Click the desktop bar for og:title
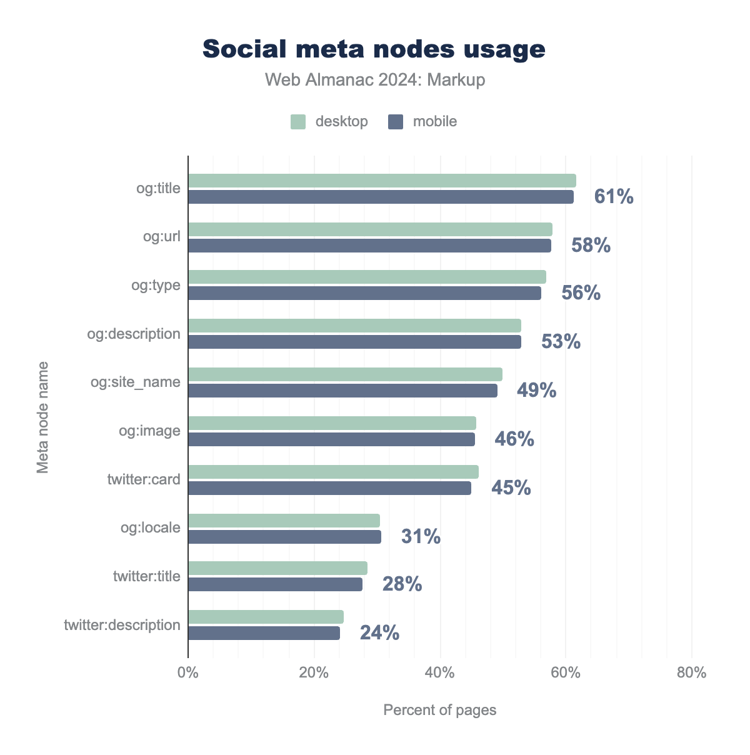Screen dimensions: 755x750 click(382, 181)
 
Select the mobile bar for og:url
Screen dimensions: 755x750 click(369, 246)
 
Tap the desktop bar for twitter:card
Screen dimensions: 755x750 click(333, 472)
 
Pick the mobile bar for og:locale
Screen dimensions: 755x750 click(284, 537)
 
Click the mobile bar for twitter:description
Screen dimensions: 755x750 click(264, 633)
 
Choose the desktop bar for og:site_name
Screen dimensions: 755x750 click(345, 374)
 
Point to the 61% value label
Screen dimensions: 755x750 click(614, 197)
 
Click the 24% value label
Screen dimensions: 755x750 click(379, 633)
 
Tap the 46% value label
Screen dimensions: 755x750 click(514, 439)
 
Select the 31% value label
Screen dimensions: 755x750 click(421, 537)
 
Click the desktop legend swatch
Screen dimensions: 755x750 click(298, 121)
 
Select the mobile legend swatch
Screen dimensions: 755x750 click(396, 121)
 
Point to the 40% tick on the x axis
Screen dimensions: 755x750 click(439, 673)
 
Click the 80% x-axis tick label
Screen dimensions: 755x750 click(691, 673)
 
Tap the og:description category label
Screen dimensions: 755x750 click(134, 334)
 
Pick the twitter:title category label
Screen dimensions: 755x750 click(146, 576)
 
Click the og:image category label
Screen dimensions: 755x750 click(149, 431)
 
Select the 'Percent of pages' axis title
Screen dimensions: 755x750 click(439, 710)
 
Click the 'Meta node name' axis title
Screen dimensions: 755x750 click(42, 416)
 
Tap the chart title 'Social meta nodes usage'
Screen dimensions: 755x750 click(374, 49)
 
